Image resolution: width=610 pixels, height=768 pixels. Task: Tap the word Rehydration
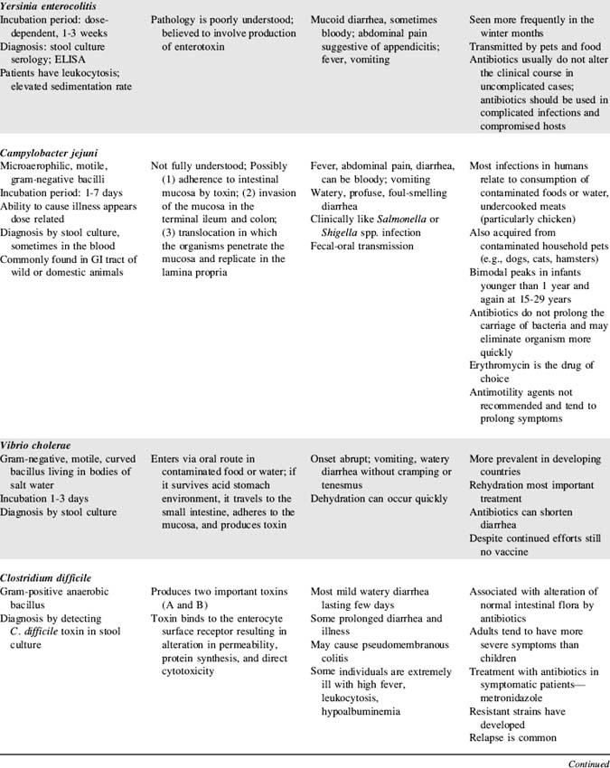tap(502, 484)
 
